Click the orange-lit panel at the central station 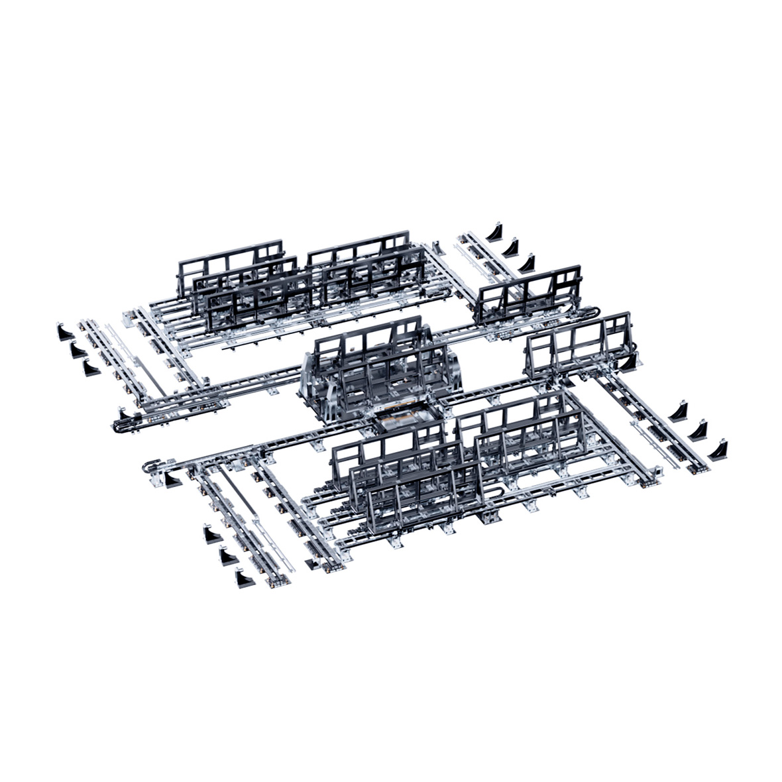(405, 420)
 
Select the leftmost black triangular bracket (65, 332)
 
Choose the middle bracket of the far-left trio (78, 349)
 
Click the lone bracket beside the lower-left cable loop (173, 479)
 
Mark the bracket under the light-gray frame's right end (639, 361)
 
